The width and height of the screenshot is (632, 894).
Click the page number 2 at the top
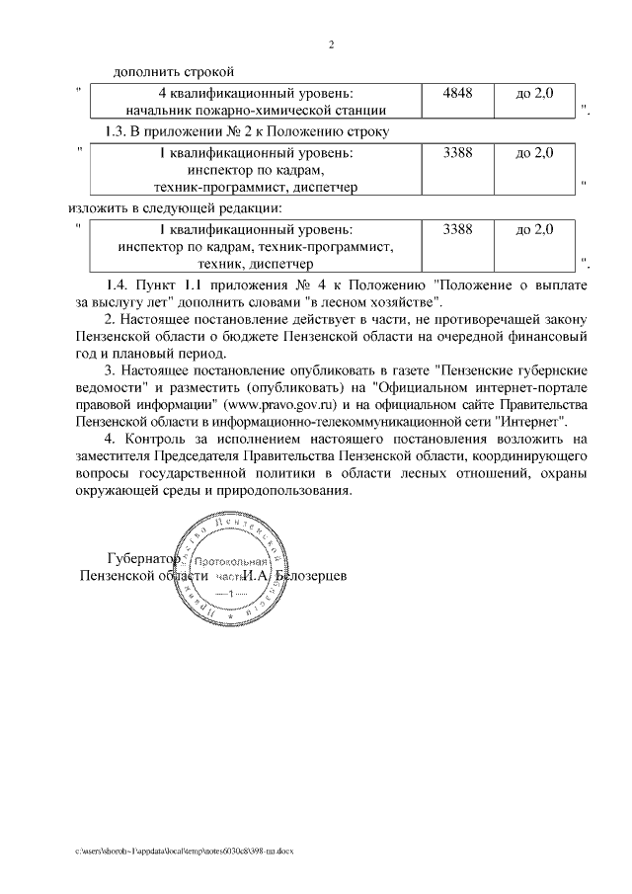click(x=332, y=45)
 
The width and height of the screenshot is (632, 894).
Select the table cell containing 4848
click(x=458, y=92)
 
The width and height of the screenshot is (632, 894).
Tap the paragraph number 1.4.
click(x=118, y=284)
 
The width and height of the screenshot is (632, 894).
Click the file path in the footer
click(x=187, y=850)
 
